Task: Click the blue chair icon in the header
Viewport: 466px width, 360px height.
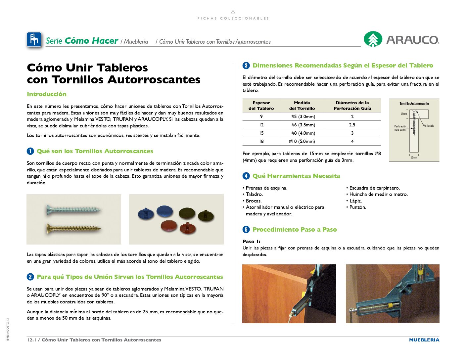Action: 34,40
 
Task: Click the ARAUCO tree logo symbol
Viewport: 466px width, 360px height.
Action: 373,39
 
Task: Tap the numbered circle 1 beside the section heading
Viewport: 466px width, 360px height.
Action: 30,151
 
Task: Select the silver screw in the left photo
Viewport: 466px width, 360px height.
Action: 73,210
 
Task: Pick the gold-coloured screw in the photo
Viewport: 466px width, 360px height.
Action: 73,228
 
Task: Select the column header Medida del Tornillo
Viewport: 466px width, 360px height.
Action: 302,106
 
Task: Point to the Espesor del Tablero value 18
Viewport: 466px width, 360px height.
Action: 261,141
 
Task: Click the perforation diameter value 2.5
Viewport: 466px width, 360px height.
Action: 352,125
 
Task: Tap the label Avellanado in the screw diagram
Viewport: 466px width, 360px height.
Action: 428,126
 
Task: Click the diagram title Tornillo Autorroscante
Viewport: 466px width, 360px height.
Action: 414,104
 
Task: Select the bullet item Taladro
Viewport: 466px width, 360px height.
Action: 254,194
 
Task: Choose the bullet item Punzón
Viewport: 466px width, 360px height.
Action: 357,207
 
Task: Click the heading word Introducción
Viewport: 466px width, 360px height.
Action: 47,94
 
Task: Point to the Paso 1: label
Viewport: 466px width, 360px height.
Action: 251,242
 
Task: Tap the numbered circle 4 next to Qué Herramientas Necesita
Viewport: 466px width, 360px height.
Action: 246,176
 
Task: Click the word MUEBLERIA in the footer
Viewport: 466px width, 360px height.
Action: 424,340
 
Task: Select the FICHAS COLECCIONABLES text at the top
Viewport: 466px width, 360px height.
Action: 233,19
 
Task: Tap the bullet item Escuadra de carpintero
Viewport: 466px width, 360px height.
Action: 374,188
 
